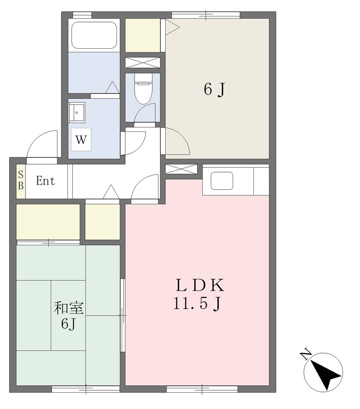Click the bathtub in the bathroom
(x=94, y=35)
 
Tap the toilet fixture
(x=143, y=88)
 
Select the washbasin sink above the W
(x=77, y=112)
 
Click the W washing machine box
(x=81, y=139)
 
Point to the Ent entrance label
(x=45, y=181)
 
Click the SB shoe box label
(x=21, y=181)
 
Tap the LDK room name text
(x=200, y=285)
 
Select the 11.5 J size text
(x=197, y=304)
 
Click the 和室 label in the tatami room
(x=69, y=308)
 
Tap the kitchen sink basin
(x=222, y=181)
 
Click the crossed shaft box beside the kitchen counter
(x=182, y=169)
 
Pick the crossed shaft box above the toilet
(x=142, y=63)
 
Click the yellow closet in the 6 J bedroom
(x=142, y=35)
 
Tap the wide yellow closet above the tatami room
(x=48, y=222)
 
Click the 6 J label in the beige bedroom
(x=214, y=90)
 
